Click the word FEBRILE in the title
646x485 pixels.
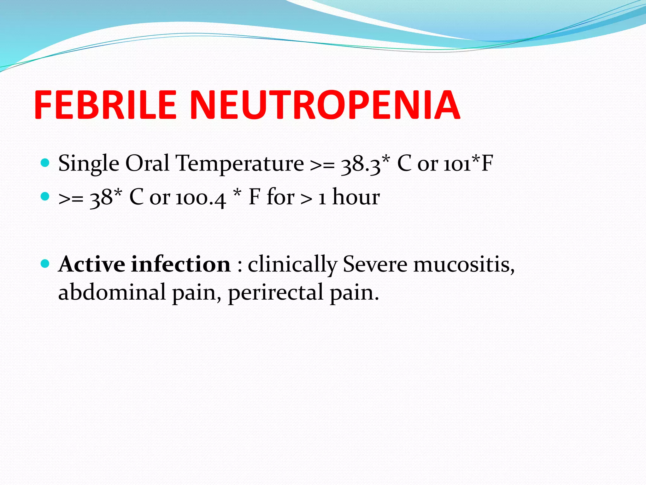click(105, 105)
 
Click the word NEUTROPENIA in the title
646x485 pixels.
click(325, 105)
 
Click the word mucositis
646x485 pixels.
click(464, 265)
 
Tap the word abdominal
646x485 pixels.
click(112, 292)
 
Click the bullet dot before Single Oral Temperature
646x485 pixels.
click(45, 163)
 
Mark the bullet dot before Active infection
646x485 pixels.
click(45, 263)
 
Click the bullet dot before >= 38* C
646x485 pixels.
click(45, 197)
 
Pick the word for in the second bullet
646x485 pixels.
click(280, 197)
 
